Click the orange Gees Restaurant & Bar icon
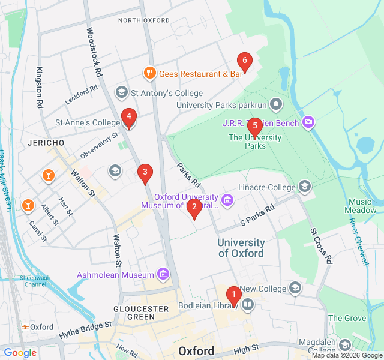149,73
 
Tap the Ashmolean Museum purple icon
163,275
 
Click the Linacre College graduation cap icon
305,187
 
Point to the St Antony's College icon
122,92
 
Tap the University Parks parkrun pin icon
276,105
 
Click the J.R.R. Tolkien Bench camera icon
308,122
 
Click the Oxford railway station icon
25,327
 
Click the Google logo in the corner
20,353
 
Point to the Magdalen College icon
344,345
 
